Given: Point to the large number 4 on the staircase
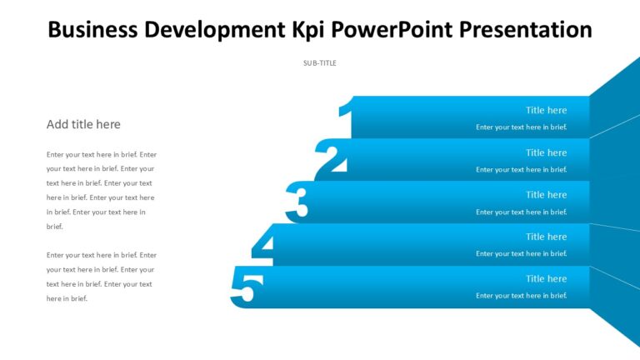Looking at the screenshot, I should click(264, 245).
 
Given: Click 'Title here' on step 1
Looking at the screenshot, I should click(546, 110).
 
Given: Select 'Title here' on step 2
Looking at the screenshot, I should click(546, 152).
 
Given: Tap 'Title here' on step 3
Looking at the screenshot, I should click(546, 194).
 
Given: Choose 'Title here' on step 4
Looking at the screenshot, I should click(546, 237).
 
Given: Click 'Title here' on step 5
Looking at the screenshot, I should click(546, 278).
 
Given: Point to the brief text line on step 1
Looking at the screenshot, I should click(521, 127).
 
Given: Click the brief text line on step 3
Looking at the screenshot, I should click(521, 212).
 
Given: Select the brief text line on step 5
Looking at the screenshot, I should click(521, 296).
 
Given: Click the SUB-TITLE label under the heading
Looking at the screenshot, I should click(320, 63).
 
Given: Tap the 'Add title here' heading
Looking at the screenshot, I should click(83, 124).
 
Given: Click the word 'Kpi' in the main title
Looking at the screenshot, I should click(308, 30).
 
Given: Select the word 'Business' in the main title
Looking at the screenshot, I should click(92, 30).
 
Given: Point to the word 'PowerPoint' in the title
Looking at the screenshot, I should click(390, 30).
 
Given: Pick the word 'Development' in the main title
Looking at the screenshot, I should click(212, 30).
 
